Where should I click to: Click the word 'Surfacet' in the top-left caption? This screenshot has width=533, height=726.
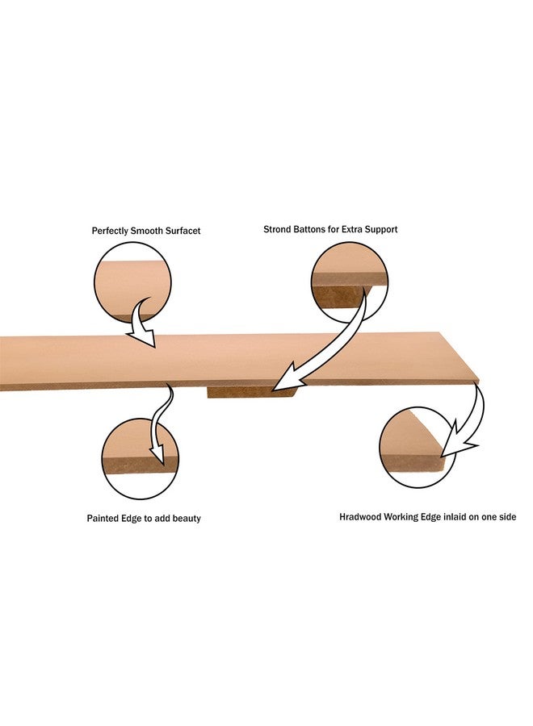(x=183, y=231)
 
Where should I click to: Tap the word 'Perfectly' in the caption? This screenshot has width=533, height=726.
(x=110, y=231)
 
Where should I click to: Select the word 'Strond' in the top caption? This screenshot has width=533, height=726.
(x=277, y=229)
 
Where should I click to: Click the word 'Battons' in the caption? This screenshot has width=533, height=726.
(x=309, y=229)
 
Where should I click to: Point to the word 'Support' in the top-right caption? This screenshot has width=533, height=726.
(x=380, y=230)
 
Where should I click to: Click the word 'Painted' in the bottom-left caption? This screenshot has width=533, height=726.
(x=101, y=518)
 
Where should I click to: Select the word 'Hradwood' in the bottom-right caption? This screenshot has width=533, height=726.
(x=358, y=517)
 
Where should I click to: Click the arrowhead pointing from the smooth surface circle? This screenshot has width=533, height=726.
(x=143, y=337)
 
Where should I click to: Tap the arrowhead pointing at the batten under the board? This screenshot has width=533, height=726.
(x=285, y=378)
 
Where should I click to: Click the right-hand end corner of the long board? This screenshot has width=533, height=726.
(x=479, y=380)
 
